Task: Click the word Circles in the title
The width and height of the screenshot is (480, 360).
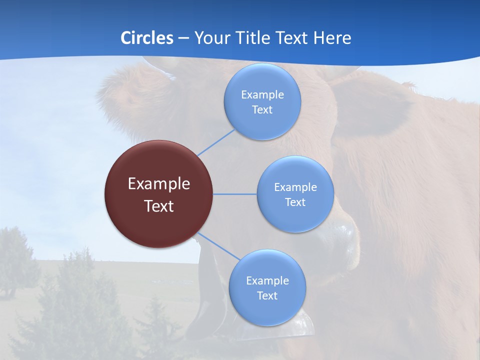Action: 146,38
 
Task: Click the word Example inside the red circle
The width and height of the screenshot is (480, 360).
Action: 158,184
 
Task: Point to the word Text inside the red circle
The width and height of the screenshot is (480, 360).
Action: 158,206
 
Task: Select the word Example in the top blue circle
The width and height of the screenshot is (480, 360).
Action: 262,95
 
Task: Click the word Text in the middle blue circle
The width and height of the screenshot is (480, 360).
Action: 295,202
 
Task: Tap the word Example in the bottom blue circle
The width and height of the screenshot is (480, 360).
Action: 267,281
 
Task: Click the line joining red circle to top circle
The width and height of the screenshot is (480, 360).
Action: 216,142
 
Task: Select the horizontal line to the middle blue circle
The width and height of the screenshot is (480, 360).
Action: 234,194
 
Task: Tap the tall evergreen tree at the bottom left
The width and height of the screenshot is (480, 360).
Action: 75,300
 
